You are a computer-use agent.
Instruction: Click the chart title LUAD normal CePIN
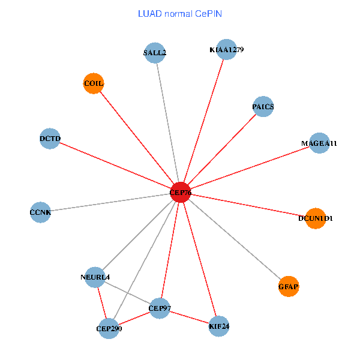(180, 13)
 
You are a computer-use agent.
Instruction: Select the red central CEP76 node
(181, 193)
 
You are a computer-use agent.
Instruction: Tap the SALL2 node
(155, 53)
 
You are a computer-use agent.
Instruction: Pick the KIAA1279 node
(227, 49)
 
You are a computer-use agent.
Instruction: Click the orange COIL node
(94, 83)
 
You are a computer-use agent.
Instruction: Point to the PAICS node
(263, 107)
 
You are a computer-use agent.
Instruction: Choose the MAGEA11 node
(319, 143)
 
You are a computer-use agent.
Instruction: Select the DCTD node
(50, 139)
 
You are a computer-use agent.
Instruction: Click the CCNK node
(40, 212)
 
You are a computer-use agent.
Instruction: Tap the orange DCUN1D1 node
(315, 218)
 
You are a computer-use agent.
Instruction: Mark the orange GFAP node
(289, 287)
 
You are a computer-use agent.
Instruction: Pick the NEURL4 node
(95, 277)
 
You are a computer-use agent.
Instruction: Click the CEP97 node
(160, 308)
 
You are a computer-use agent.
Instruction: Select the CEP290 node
(109, 328)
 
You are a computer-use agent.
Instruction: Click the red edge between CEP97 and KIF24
(189, 317)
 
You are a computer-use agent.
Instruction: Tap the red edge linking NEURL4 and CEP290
(101, 302)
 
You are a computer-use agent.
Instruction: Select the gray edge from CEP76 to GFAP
(235, 240)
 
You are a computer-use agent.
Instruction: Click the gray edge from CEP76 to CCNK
(110, 203)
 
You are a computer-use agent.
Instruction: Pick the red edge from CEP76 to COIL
(137, 138)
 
